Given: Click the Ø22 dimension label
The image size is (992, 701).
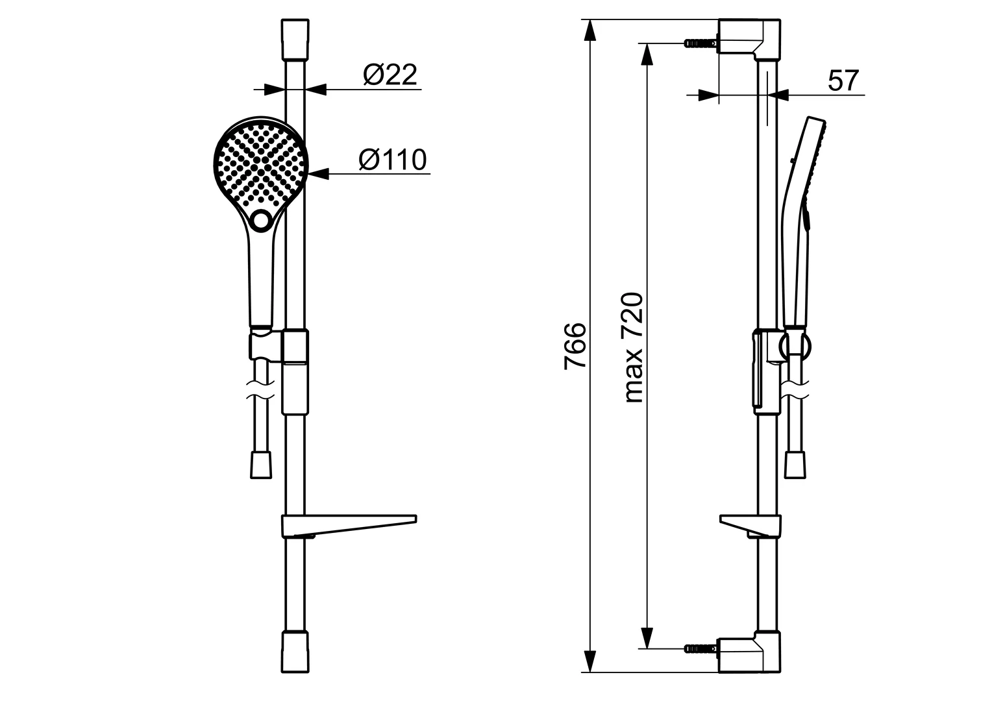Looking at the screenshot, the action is tap(390, 75).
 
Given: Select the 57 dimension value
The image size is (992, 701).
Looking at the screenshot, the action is tap(843, 80).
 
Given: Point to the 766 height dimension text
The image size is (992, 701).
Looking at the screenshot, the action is tap(575, 346).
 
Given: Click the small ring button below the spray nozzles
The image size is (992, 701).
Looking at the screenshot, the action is tap(261, 220).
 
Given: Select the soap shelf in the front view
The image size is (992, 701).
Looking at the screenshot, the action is tap(349, 526).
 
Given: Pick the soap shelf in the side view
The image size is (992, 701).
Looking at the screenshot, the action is tap(750, 526).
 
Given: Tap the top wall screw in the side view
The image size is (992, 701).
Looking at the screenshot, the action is tap(701, 43).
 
